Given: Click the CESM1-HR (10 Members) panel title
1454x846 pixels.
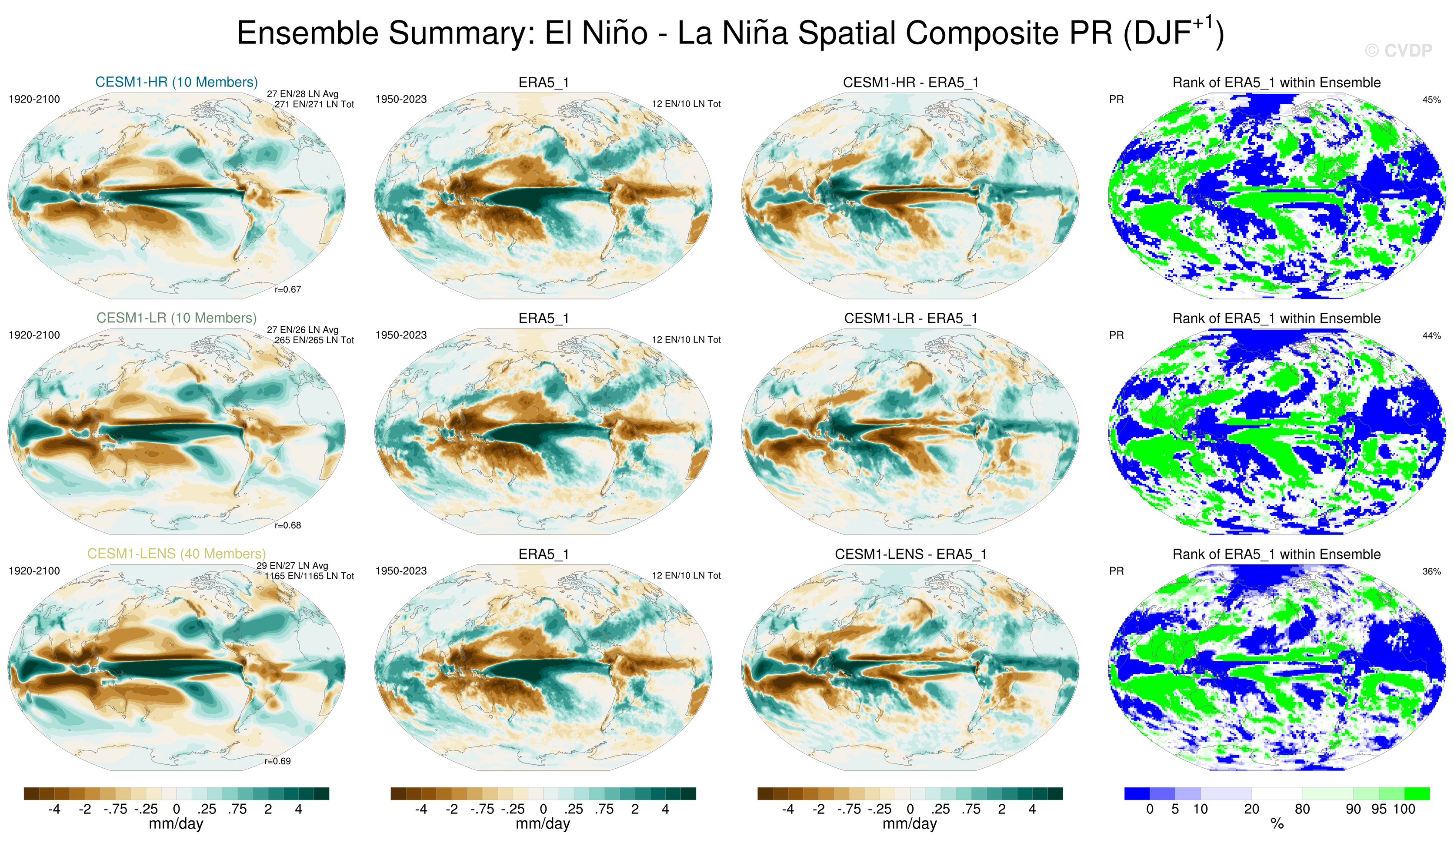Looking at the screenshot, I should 177,82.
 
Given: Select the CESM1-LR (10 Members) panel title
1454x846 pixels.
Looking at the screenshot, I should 177,318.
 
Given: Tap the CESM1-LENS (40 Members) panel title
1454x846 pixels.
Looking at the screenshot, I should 177,554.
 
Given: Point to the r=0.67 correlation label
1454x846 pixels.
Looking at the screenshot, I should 287,289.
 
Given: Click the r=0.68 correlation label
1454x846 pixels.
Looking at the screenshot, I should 287,525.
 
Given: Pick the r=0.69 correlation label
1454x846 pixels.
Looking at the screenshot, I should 277,761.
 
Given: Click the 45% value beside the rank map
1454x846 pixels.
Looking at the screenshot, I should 1431,100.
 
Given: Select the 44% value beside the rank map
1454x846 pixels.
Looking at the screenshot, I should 1431,335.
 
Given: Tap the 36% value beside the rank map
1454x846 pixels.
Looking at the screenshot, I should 1431,571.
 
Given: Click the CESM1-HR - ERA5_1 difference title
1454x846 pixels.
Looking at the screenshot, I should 910,83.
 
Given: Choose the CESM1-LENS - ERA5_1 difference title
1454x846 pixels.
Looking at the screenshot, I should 910,554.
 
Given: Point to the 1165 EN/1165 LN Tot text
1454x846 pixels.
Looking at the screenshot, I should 309,576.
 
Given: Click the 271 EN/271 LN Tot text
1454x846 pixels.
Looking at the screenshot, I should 314,104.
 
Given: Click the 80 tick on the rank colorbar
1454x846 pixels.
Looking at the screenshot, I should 1302,809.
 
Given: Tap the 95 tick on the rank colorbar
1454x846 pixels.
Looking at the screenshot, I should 1379,809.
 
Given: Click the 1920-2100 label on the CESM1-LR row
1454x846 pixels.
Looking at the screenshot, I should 34,335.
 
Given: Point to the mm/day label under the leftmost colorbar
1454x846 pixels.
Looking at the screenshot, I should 176,823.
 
